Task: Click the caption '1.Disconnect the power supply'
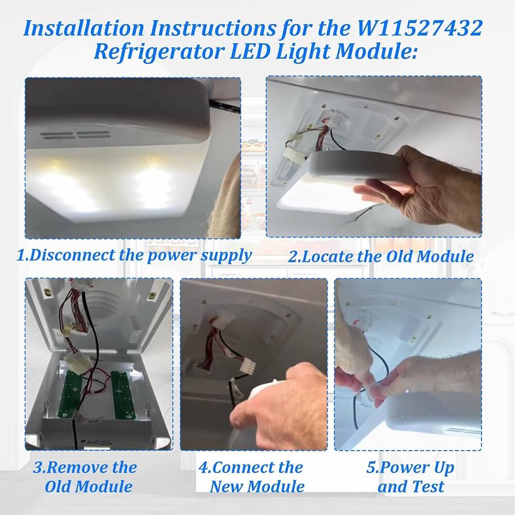point(135,255)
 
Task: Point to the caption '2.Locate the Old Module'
point(381,256)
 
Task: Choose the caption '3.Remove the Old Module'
point(85,477)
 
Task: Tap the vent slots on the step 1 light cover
point(76,135)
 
